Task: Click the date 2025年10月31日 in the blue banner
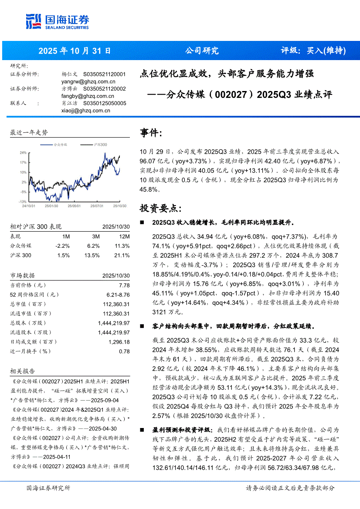(x=75, y=51)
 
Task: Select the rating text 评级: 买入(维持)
(x=313, y=51)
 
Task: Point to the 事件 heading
(x=151, y=132)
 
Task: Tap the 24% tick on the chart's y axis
(x=23, y=153)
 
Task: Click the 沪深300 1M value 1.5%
(x=63, y=255)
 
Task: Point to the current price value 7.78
(x=124, y=285)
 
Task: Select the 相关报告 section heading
(x=23, y=371)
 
